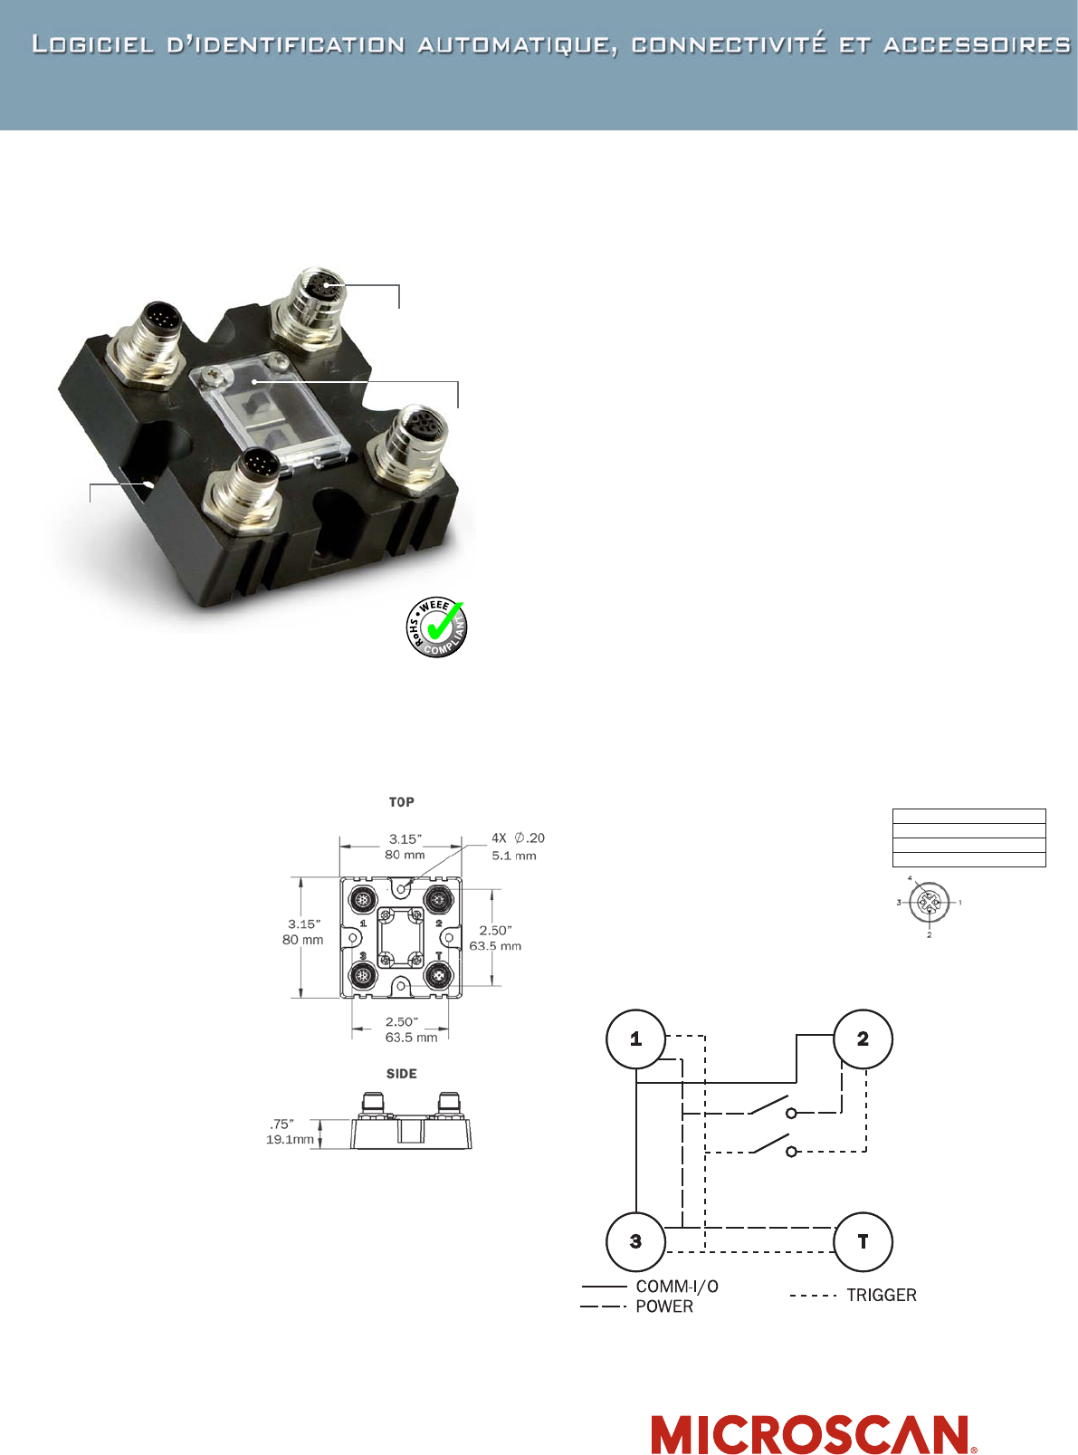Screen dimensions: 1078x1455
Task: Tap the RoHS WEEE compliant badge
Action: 436,627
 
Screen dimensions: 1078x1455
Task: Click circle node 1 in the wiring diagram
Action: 635,1039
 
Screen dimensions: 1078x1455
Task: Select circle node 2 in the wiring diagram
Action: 863,1039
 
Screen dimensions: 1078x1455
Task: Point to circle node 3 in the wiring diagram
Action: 635,1242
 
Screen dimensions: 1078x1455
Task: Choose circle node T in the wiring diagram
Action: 863,1242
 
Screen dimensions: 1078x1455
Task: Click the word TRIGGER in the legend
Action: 882,1295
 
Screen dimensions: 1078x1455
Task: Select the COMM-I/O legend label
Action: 677,1287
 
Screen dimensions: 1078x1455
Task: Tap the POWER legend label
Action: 664,1307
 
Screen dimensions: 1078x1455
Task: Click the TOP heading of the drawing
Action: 401,802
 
